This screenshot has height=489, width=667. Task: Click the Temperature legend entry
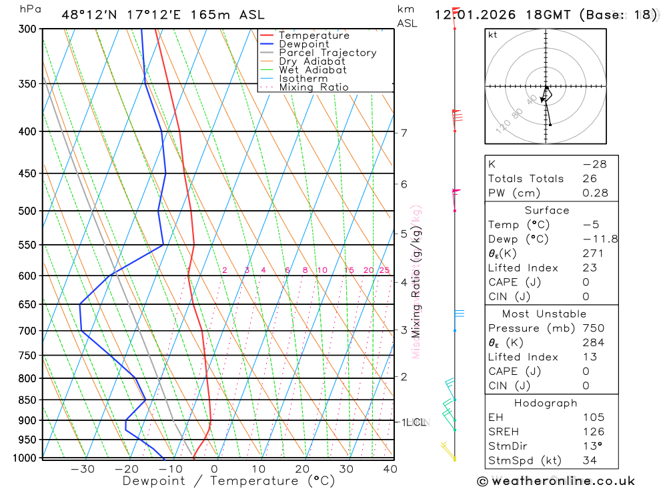313,35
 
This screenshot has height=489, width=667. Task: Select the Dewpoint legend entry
303,44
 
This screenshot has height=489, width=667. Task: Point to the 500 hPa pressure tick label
27,211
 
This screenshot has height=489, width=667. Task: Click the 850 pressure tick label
27,400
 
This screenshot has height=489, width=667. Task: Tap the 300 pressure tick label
27,29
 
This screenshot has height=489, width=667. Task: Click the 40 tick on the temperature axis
390,469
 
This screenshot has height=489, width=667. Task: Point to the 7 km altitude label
404,133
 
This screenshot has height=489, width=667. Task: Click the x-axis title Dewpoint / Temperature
229,481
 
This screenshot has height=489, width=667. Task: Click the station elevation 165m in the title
207,15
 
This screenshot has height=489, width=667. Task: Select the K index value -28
594,164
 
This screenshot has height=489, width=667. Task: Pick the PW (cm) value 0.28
595,193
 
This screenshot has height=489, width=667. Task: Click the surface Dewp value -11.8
600,239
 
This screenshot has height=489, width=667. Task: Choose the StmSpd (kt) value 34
590,460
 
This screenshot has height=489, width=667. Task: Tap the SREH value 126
593,432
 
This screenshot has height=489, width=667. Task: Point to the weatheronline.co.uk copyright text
556,481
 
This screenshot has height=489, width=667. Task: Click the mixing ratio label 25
384,270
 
